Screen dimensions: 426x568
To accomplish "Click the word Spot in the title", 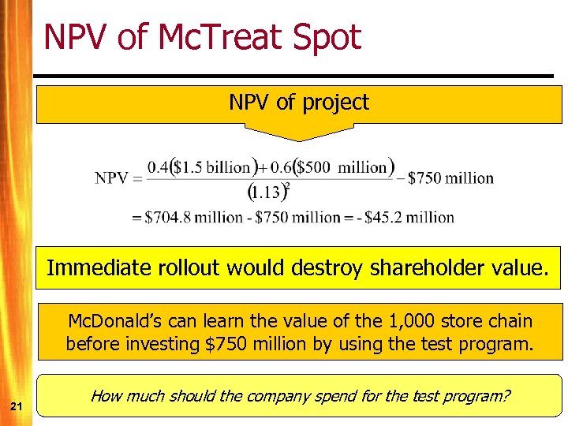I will point(326,37).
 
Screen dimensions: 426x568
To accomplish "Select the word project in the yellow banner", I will point(337,103).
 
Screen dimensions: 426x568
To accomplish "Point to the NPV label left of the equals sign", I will point(112,177).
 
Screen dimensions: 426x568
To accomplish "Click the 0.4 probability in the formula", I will point(159,167).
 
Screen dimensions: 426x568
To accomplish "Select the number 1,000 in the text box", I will point(399,322).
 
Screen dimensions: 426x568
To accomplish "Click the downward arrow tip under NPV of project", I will point(299,140).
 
